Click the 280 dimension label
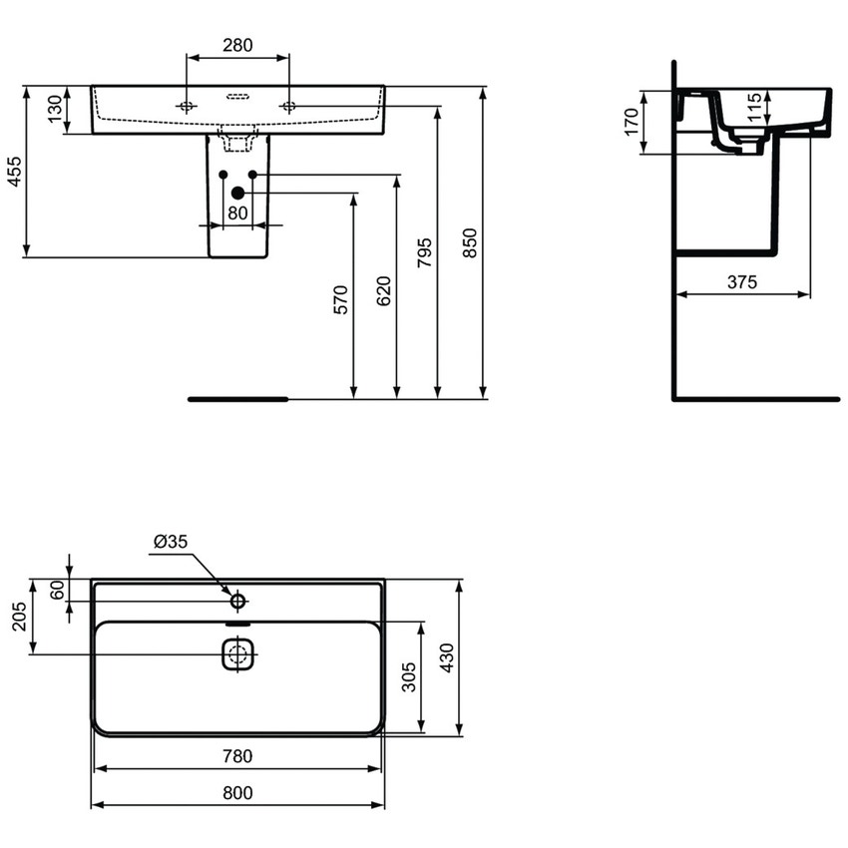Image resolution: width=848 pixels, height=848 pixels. point(237,45)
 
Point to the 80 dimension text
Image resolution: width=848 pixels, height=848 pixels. point(237,212)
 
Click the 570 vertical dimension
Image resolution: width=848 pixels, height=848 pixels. point(340,299)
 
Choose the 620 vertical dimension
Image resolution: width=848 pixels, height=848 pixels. point(384,289)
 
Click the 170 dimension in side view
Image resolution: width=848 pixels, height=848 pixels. point(630,123)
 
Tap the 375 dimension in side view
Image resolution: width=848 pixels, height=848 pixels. point(741,282)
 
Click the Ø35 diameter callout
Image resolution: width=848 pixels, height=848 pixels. point(171,542)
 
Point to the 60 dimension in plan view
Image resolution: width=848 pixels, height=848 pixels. point(57,590)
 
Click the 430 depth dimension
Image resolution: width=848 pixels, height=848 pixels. point(448,658)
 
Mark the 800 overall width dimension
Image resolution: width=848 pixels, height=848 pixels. point(236,793)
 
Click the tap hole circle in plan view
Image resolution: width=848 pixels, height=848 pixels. point(237,601)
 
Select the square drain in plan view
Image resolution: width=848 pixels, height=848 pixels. point(237,655)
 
